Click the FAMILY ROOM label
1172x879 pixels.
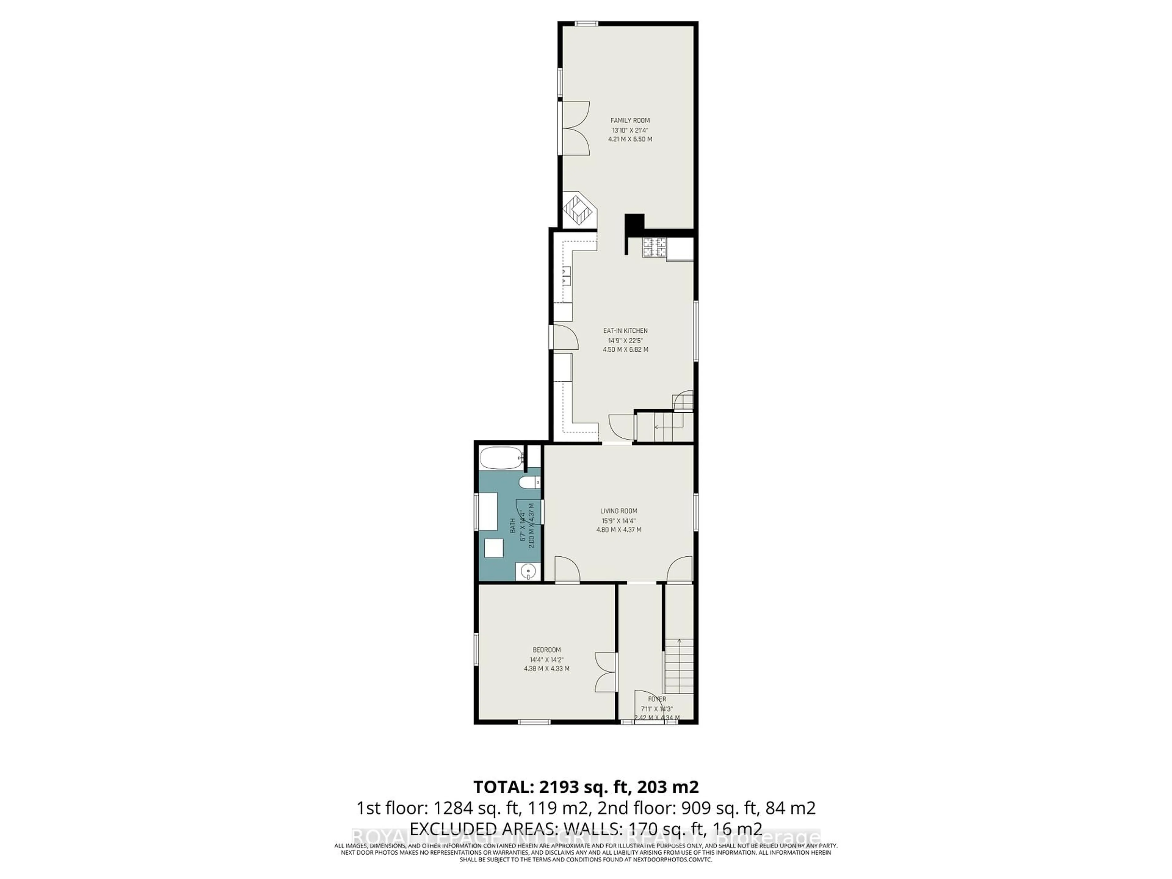(630, 120)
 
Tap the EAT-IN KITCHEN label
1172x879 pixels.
(625, 331)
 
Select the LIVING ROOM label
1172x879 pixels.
(618, 511)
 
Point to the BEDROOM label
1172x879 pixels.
(546, 649)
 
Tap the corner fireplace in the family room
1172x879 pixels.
(579, 210)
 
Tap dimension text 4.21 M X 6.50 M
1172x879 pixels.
(630, 139)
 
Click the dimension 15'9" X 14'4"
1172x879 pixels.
(618, 520)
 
